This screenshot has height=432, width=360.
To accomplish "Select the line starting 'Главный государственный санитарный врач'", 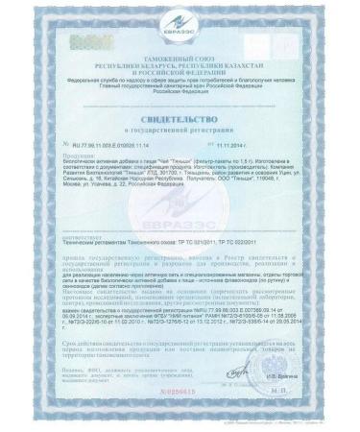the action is pyautogui.click(x=180, y=81).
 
